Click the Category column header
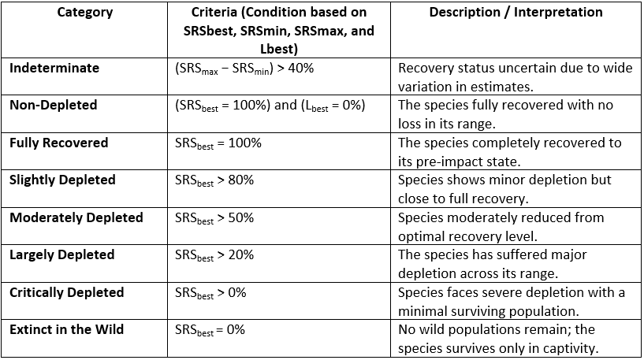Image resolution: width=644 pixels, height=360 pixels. pos(84,13)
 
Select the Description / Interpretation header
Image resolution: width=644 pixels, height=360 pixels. pos(516,13)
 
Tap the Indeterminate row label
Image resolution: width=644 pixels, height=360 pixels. pos(54,68)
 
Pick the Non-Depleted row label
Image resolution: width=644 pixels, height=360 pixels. pos(54,105)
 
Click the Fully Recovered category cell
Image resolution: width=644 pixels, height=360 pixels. pos(59,143)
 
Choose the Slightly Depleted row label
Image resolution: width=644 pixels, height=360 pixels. pos(62,180)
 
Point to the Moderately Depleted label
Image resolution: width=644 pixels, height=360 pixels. pos(76,217)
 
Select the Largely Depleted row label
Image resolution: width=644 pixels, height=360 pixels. pos(62,254)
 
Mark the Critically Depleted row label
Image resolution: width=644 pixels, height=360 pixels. pos(67,292)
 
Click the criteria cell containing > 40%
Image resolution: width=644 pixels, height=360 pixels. pos(244,69)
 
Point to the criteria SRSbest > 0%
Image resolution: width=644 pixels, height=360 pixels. pos(210,293)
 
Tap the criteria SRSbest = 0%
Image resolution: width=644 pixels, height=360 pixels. pos(210,330)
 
